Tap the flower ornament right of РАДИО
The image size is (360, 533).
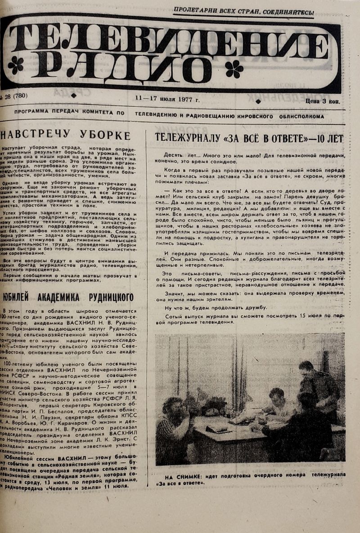pyautogui.click(x=234, y=69)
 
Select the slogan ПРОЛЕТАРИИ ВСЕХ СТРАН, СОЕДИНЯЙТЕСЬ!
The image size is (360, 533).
pyautogui.click(x=244, y=13)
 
